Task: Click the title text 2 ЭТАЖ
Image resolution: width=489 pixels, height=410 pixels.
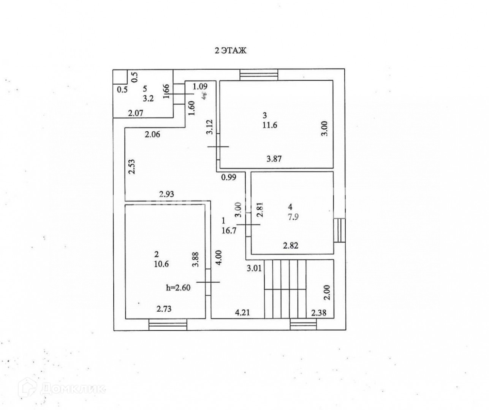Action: point(231,50)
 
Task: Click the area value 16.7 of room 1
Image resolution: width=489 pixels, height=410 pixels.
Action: point(229,230)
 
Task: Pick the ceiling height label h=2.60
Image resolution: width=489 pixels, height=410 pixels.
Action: point(178,288)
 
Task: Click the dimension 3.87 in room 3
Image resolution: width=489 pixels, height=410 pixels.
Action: point(274,159)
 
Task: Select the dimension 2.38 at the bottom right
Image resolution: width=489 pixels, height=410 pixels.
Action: point(319,314)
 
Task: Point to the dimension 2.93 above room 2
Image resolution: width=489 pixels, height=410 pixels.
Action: point(166,194)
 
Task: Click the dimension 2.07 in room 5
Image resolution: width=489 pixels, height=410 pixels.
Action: point(135,112)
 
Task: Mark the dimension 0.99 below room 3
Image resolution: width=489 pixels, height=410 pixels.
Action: point(229,177)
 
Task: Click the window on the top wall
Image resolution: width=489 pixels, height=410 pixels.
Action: point(259,75)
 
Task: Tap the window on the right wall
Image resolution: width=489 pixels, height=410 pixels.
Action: point(339,230)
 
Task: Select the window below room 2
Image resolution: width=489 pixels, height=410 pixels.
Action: point(168,325)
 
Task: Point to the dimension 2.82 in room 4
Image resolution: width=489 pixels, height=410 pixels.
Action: point(291,246)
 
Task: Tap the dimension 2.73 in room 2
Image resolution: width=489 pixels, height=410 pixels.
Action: point(164,309)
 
